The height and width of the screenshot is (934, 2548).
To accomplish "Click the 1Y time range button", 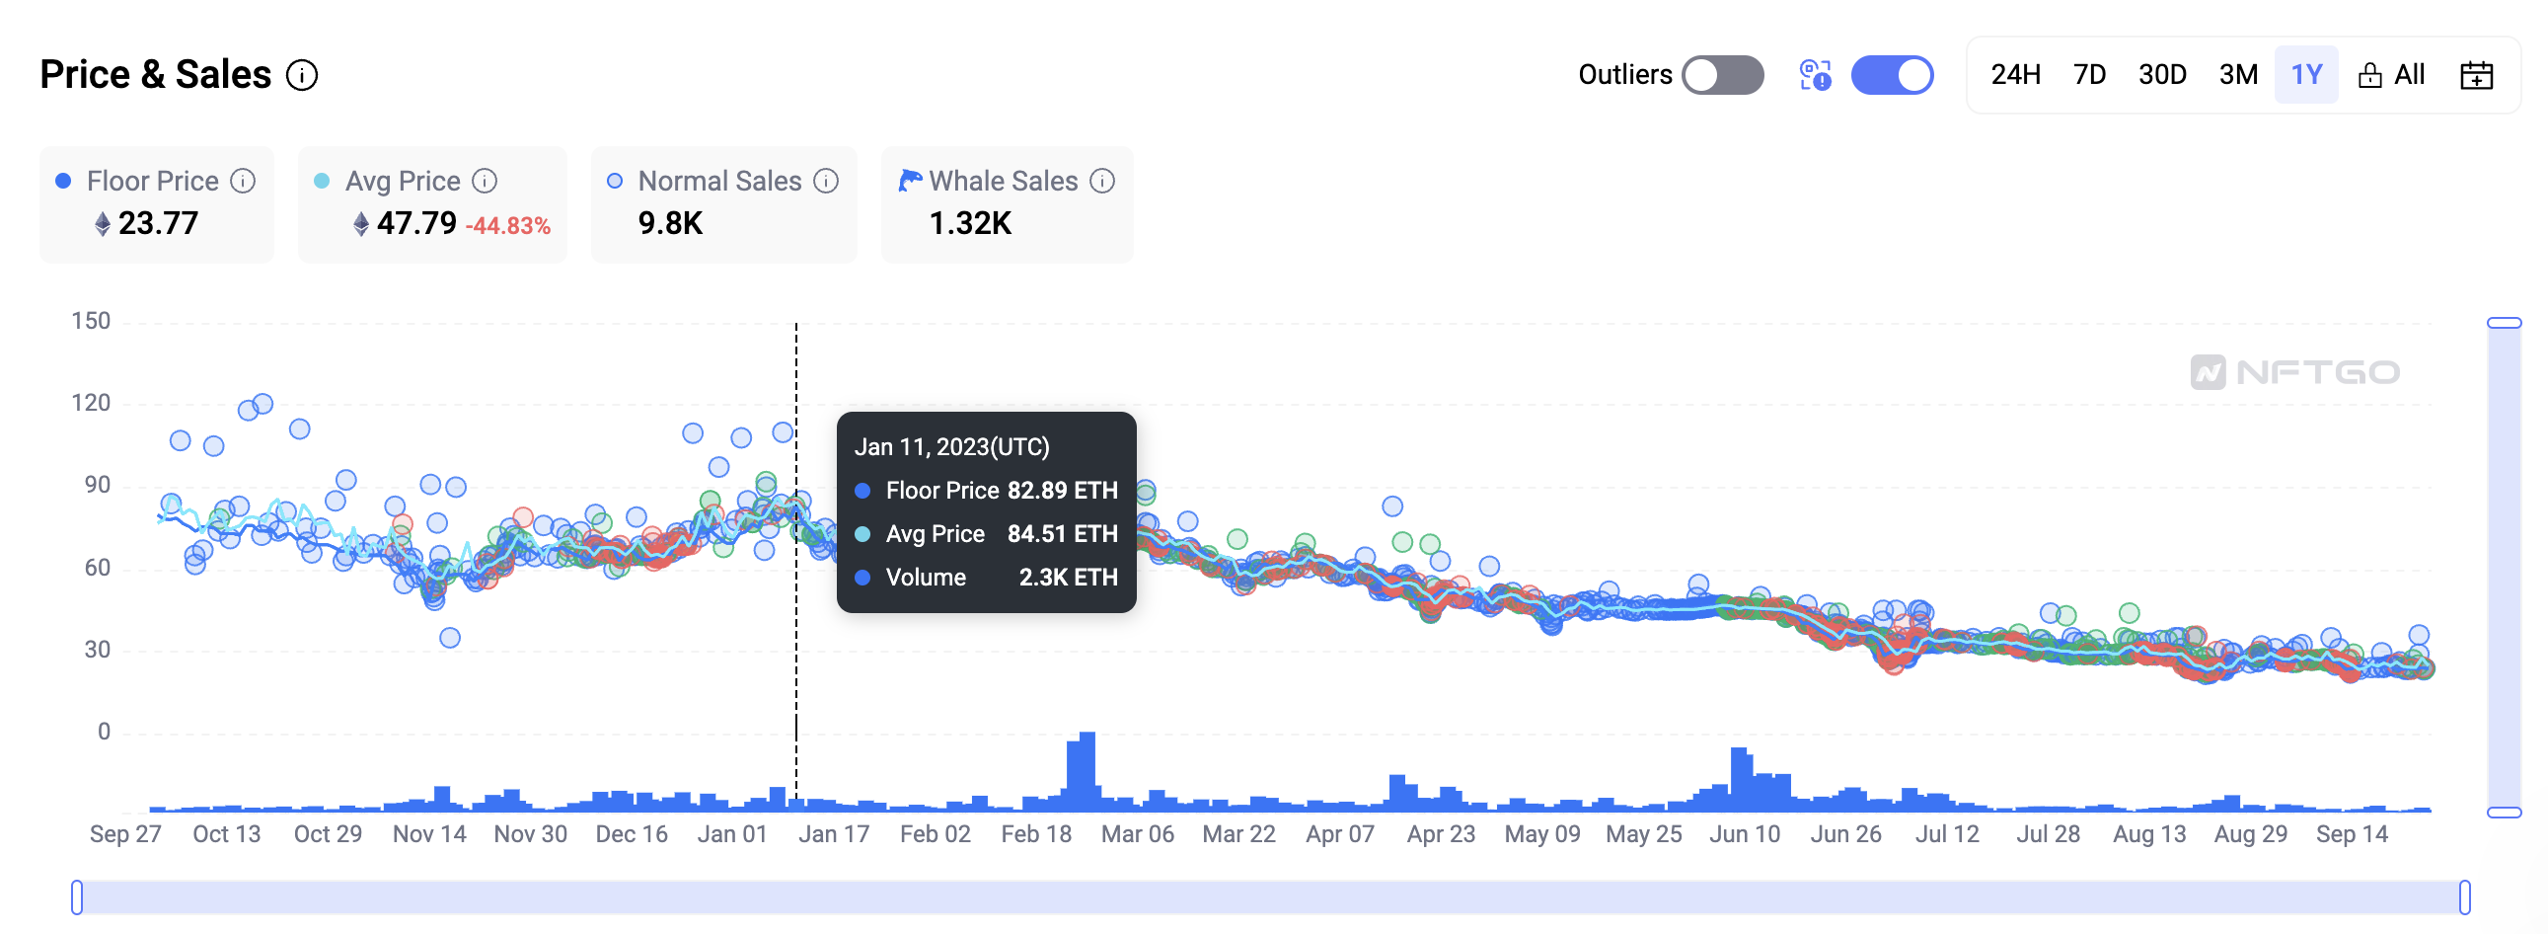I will click(2305, 75).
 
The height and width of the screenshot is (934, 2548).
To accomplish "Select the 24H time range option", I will click(2015, 75).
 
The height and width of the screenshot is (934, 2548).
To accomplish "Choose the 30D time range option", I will click(2161, 75).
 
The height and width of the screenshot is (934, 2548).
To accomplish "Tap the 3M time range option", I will click(2237, 75).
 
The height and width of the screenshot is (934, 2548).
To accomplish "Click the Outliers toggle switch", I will click(1722, 75).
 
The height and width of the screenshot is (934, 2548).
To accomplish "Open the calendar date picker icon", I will click(2476, 75).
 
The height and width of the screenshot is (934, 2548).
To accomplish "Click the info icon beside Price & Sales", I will click(302, 75).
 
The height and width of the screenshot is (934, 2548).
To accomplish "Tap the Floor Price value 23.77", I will click(158, 223).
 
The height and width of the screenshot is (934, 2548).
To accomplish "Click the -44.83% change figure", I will click(507, 225).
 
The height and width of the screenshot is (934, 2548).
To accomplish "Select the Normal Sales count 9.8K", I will click(670, 223).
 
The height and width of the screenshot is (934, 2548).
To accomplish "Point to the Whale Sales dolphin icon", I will click(909, 180).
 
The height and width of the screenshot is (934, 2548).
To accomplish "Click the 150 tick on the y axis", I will click(91, 321).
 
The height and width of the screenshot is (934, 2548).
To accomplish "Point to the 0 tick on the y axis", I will click(103, 732).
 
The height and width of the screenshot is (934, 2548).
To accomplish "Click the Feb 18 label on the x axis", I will click(1035, 834).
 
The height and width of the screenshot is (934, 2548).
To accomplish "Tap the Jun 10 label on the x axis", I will click(1744, 834).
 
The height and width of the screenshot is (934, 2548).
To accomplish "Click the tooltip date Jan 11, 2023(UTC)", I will click(951, 447).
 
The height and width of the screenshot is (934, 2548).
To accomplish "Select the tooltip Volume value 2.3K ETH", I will click(1068, 577).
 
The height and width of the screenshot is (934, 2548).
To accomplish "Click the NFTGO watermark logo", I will click(2294, 372).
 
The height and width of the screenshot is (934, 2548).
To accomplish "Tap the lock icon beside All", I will click(2369, 75).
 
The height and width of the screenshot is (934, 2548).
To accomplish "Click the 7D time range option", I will click(2089, 75).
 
